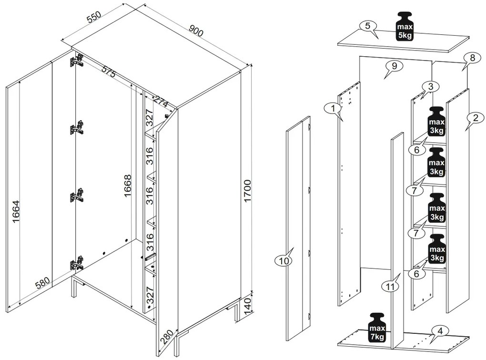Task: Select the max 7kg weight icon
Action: coord(377,329)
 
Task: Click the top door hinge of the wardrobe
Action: coord(76,61)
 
